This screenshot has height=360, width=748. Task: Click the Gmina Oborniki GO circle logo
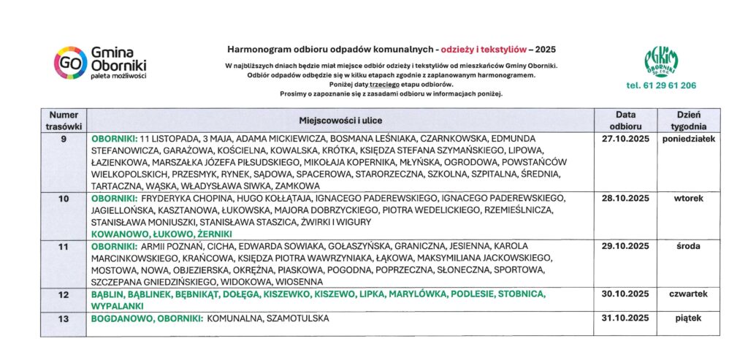[x=69, y=63]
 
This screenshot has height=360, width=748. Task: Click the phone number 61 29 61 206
[x=660, y=85]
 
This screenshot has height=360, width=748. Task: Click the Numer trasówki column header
[x=64, y=120]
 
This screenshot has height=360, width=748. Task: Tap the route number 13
[x=64, y=318]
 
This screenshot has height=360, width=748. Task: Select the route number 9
[x=64, y=138]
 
